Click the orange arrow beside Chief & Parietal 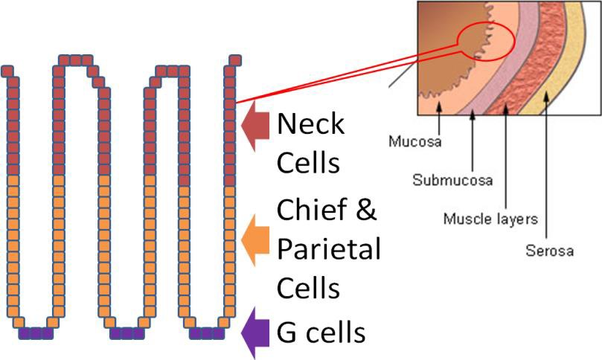coord(255,239)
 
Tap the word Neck coord(310,123)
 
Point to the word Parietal coord(328,249)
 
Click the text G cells coord(321,332)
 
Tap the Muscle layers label coord(490,219)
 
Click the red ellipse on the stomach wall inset coord(484,45)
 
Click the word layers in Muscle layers coord(519,219)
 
